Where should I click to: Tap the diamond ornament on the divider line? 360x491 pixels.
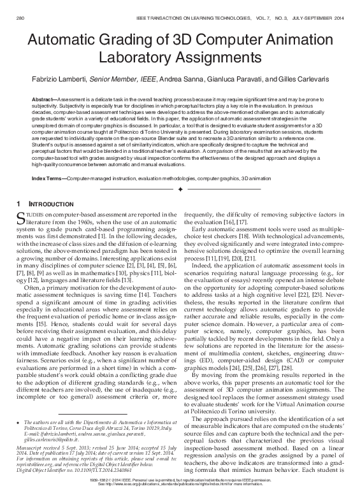click(x=180, y=190)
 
